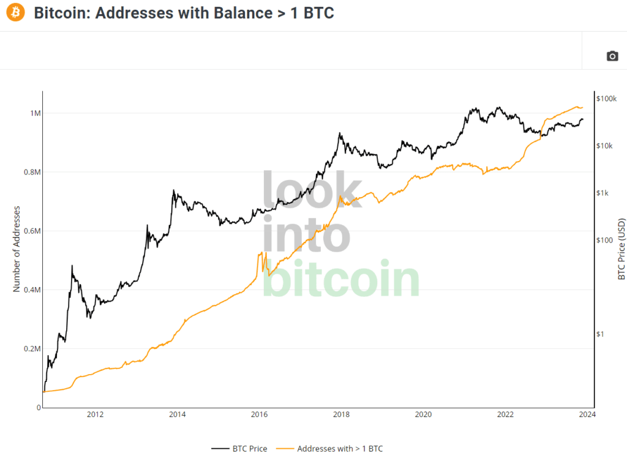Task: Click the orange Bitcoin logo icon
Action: (x=15, y=12)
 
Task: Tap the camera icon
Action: (x=612, y=56)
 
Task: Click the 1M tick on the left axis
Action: (x=35, y=113)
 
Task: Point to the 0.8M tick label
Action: (x=32, y=172)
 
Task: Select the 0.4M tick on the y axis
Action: (x=32, y=290)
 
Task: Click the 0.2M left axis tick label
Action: (x=32, y=349)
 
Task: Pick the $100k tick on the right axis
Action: (x=606, y=99)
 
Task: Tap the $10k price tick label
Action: (x=604, y=146)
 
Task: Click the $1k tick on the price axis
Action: (x=603, y=193)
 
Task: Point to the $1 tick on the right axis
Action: (x=600, y=334)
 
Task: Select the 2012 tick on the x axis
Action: (x=95, y=414)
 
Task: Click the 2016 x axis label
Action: (x=259, y=414)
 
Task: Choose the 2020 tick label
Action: (x=423, y=414)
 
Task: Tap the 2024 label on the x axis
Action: (x=587, y=414)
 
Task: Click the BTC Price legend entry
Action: (x=239, y=449)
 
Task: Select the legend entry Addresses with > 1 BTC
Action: (x=329, y=449)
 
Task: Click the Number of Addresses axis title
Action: (x=17, y=249)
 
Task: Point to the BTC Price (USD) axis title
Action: (x=621, y=249)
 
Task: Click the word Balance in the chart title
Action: (x=243, y=13)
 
